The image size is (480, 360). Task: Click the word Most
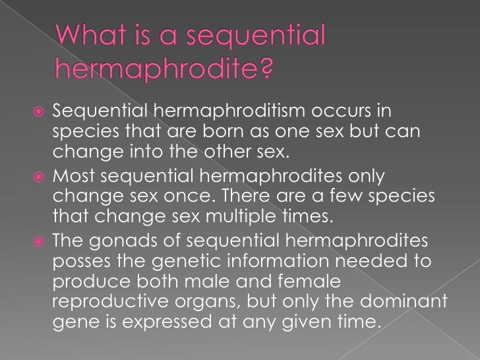coord(75,177)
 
